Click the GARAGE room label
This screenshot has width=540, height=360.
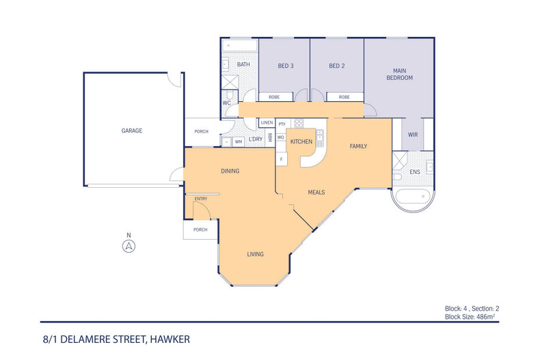[x=132, y=130]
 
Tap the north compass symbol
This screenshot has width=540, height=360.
[x=128, y=247]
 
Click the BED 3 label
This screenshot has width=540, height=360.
[x=286, y=66]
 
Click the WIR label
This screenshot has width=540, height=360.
[x=412, y=135]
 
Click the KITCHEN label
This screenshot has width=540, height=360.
[x=301, y=141]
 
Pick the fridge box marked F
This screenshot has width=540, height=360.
[x=281, y=159]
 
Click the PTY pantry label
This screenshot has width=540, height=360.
[x=282, y=124]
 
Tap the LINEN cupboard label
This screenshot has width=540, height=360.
[x=267, y=123]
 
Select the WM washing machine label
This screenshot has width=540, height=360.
[x=239, y=141]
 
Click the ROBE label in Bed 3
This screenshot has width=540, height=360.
[x=274, y=97]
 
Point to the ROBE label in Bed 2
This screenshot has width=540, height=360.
[x=344, y=97]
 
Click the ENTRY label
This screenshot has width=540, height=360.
[x=201, y=199]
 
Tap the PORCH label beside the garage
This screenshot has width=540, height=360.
[x=201, y=132]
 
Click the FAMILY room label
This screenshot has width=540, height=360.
[x=359, y=146]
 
